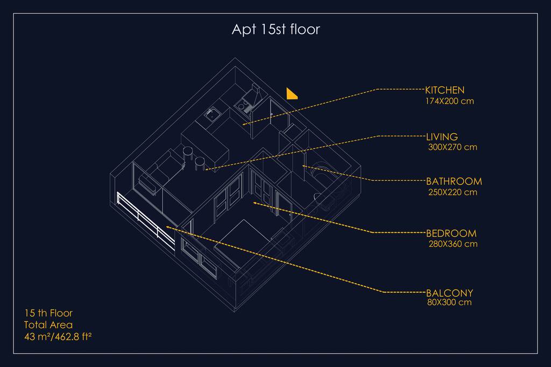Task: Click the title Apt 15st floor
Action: (276, 29)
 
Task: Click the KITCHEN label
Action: (445, 90)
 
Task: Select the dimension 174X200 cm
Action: (449, 101)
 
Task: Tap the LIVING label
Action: (442, 137)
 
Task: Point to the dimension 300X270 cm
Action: (453, 147)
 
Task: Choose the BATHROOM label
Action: (454, 182)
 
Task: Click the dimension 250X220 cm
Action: (453, 192)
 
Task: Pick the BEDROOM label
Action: (451, 233)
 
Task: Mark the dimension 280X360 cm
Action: (453, 244)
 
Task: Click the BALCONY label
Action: (450, 293)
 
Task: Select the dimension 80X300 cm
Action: (449, 302)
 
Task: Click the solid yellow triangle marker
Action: (291, 95)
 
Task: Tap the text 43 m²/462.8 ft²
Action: (58, 337)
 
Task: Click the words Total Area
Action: (48, 325)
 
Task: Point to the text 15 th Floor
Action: (48, 313)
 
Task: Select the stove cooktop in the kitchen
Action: (243, 105)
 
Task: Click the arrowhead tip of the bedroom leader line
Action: (254, 203)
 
